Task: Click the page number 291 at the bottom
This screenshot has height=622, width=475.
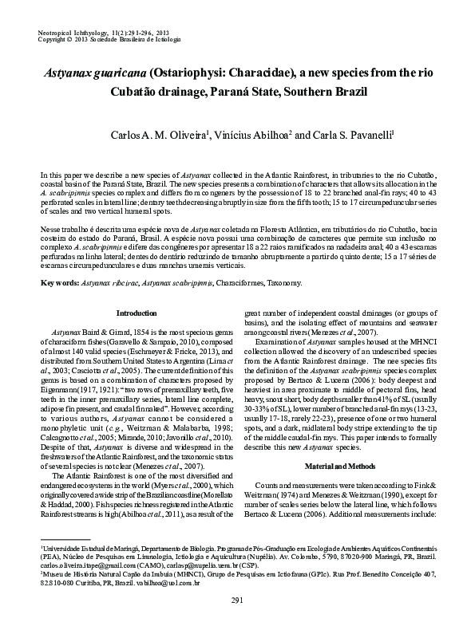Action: pyautogui.click(x=236, y=600)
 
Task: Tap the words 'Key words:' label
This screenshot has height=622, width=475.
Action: pyautogui.click(x=59, y=283)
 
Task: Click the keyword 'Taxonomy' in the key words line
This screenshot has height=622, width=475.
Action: pyautogui.click(x=284, y=283)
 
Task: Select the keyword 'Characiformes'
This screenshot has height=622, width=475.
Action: pyautogui.click(x=236, y=283)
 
